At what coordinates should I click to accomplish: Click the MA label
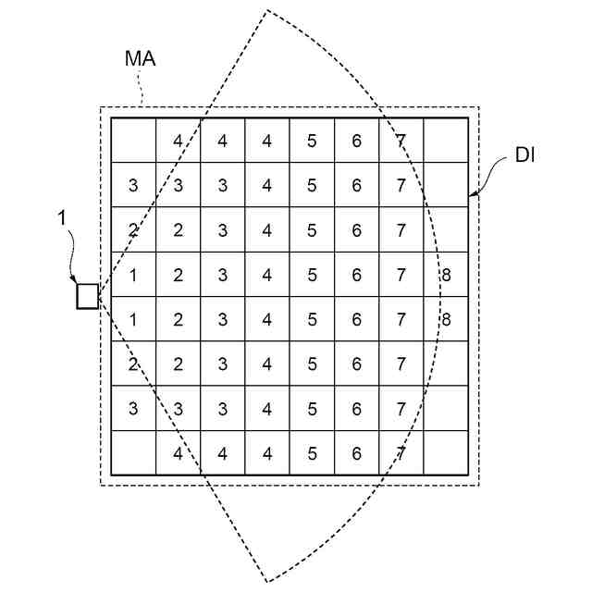click(x=140, y=59)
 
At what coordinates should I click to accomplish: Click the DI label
click(x=525, y=157)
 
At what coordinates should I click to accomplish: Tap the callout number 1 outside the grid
click(x=62, y=219)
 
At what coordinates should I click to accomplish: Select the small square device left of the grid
click(x=87, y=296)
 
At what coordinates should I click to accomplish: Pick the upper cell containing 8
click(x=446, y=275)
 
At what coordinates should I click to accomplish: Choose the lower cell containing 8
click(x=446, y=319)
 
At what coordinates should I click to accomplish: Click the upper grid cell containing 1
click(x=133, y=275)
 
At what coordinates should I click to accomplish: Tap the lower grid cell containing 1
click(x=133, y=319)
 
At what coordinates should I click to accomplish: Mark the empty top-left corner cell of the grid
click(x=133, y=141)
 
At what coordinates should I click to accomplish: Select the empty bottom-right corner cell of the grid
click(x=446, y=453)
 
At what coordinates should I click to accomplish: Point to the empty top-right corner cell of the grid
click(x=446, y=141)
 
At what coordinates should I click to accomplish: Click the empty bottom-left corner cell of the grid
click(x=133, y=453)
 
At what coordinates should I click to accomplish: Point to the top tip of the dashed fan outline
click(x=267, y=11)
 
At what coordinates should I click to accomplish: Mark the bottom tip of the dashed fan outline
click(x=267, y=582)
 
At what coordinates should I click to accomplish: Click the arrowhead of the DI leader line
click(x=472, y=195)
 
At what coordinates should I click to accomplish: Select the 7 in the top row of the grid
click(x=401, y=141)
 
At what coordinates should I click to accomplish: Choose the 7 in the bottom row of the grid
click(x=401, y=453)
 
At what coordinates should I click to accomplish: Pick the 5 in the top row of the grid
click(x=312, y=141)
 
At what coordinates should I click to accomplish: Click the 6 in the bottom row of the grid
click(x=356, y=453)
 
